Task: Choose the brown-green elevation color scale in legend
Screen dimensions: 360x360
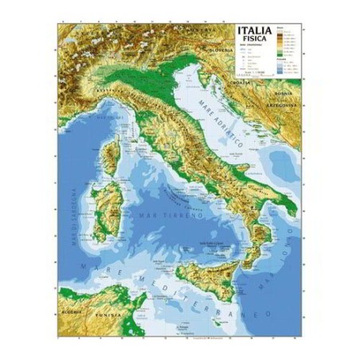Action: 280,40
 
